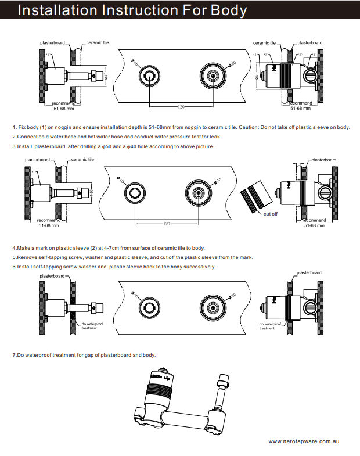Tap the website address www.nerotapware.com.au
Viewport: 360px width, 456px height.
click(x=304, y=442)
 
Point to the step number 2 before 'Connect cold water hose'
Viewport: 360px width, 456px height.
click(x=14, y=137)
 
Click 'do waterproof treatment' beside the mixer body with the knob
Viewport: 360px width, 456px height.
click(x=267, y=326)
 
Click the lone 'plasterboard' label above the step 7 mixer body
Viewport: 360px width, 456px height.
click(x=309, y=272)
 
